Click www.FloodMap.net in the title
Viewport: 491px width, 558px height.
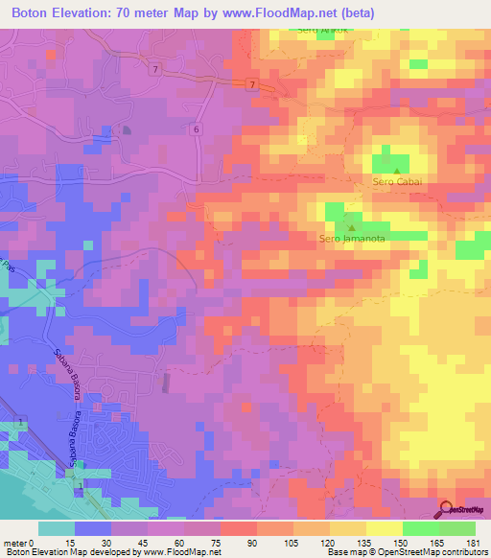(x=278, y=13)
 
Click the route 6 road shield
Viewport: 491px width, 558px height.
(x=196, y=128)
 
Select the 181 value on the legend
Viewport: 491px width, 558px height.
(x=472, y=542)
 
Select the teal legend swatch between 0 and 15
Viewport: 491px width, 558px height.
(x=57, y=528)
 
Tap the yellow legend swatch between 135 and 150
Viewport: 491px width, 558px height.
(x=384, y=528)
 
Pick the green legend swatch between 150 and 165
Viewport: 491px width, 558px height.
(x=420, y=528)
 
